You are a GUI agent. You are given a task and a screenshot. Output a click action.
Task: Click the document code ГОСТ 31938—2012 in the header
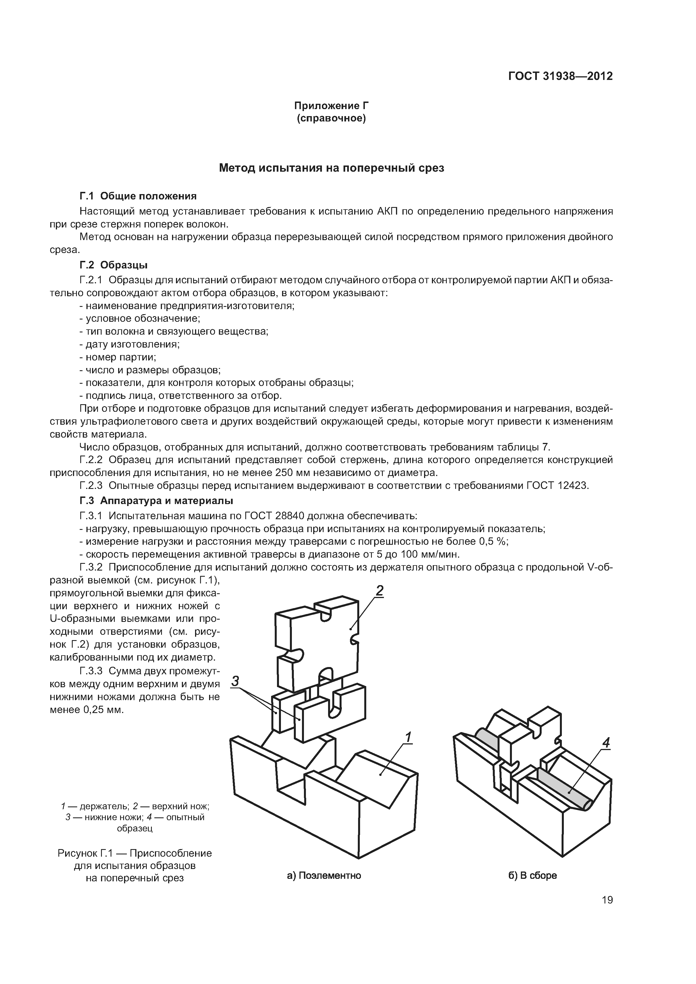pyautogui.click(x=560, y=76)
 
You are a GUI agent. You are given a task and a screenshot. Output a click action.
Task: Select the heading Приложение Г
pyautogui.click(x=331, y=105)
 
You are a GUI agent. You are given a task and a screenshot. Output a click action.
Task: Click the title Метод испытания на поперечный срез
pyautogui.click(x=331, y=168)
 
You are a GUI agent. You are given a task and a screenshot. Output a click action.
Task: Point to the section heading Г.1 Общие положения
pyautogui.click(x=138, y=196)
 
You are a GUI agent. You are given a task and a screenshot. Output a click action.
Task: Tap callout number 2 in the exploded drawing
pyautogui.click(x=379, y=590)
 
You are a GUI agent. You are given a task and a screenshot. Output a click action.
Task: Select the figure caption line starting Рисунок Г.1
pyautogui.click(x=135, y=853)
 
